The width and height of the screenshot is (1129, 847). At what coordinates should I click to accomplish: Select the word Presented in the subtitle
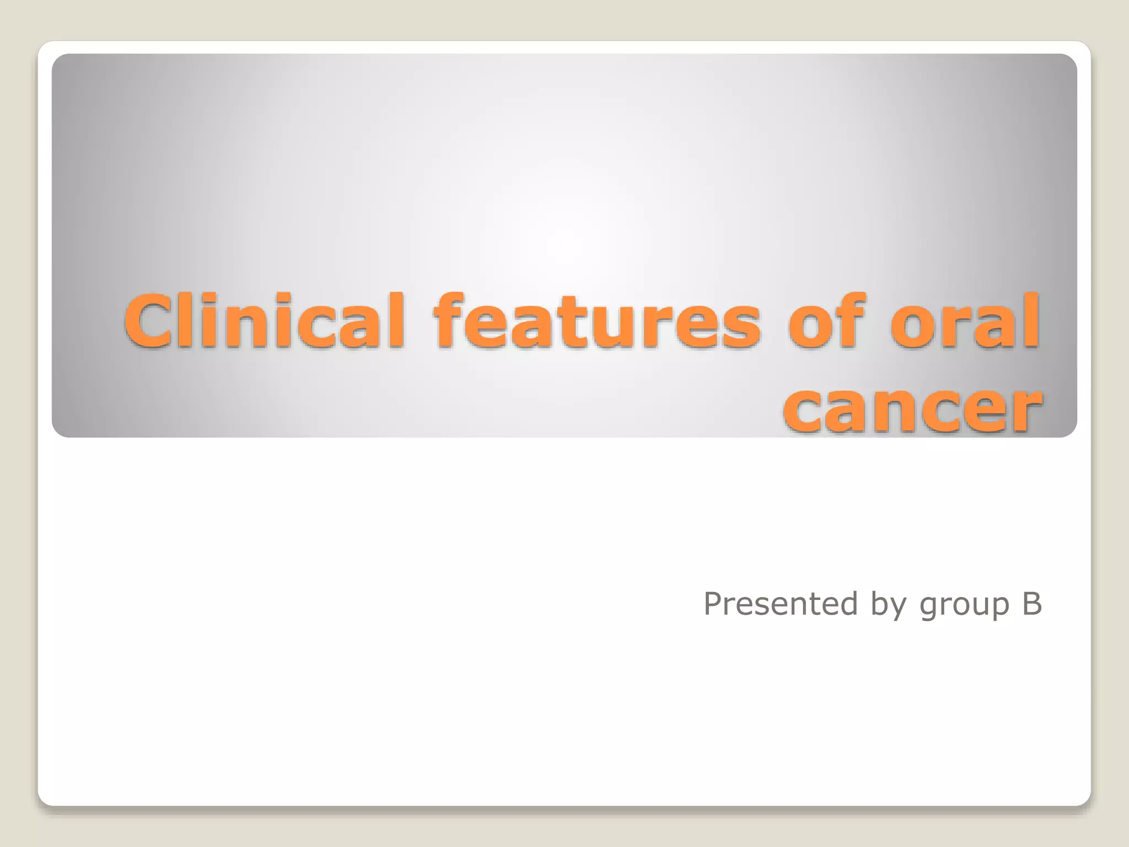[781, 604]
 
